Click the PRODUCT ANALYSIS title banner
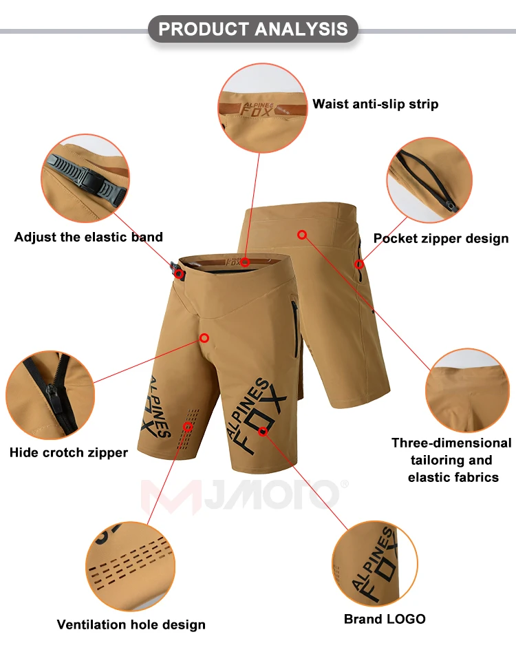tap(253, 29)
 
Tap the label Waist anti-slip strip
tap(375, 104)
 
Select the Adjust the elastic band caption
tap(89, 237)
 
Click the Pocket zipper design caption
tap(441, 238)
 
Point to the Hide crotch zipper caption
tap(69, 452)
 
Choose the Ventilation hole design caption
tap(131, 624)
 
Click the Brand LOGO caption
tap(385, 619)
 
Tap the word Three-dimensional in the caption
tap(451, 443)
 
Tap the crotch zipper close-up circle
tap(50, 395)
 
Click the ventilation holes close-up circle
tap(129, 558)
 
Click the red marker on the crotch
tap(204, 338)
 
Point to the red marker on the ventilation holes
tap(188, 427)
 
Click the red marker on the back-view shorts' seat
tap(301, 235)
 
